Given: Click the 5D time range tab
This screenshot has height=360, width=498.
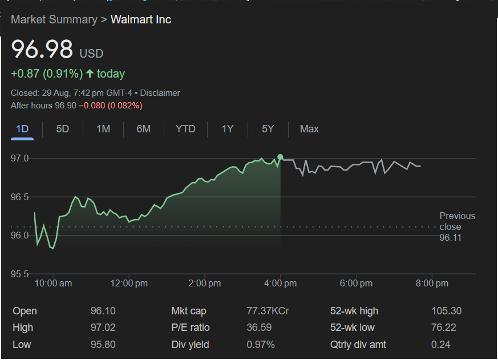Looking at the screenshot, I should point(63,129).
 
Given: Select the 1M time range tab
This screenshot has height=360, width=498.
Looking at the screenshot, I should point(103,129).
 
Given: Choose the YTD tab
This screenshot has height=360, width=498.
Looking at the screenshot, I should point(185,129).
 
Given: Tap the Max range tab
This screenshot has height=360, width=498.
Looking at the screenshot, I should point(309,129).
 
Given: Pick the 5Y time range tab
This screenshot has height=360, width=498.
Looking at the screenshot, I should point(268,129).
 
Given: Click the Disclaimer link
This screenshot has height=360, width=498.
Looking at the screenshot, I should point(160,93).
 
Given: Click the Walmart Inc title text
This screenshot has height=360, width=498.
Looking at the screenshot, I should point(141,19).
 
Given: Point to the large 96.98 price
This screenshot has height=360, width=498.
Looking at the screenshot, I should point(42,50).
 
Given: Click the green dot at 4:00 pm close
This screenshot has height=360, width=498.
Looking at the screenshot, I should point(280,157).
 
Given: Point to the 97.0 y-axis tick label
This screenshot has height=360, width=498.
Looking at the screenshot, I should point(20,158).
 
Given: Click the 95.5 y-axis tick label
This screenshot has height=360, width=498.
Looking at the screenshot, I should point(20,274).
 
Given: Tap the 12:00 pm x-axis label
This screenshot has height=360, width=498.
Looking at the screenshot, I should point(129,284).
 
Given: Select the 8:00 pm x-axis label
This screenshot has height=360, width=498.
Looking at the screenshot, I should point(432,284).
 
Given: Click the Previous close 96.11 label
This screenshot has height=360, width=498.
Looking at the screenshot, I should point(457,226).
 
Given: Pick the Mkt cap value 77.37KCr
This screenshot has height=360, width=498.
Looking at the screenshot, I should point(268,311).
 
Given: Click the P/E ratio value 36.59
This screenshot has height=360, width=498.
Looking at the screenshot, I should point(259,327).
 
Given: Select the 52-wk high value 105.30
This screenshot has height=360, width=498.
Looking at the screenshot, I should point(447,311).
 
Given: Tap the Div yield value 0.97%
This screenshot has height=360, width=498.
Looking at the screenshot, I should point(261,345).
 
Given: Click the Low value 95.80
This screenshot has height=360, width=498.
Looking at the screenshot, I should point(103,345).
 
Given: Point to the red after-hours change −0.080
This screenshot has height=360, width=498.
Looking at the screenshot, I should point(94,106).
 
